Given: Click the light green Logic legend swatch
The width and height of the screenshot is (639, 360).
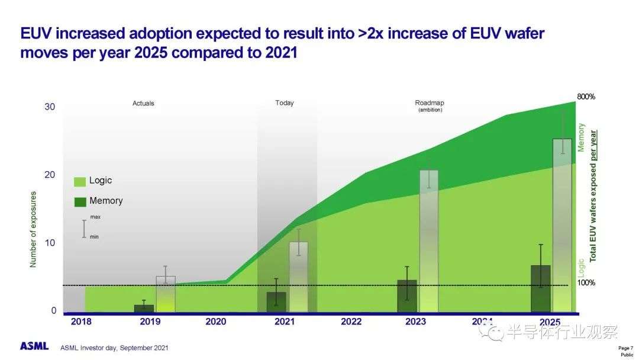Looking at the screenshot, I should point(80,181).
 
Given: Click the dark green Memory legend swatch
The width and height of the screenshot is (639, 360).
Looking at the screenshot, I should point(80,201).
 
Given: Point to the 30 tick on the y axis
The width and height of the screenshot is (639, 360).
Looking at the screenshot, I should point(50,107).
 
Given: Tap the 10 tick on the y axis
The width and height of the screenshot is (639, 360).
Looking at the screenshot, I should point(50,243).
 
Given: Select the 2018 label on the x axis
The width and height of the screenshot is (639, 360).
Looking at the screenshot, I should point(81,322).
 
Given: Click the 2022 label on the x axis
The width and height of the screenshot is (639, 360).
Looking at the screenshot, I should point(351,322).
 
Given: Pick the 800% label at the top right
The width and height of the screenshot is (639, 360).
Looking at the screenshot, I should point(586,97).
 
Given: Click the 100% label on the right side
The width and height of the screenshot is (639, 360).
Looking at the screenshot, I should point(586,283).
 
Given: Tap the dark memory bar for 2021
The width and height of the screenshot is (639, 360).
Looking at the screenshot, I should point(276,302).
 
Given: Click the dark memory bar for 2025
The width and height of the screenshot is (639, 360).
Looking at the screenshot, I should point(541,288).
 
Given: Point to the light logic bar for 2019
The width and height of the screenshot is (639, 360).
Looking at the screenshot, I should point(166,294).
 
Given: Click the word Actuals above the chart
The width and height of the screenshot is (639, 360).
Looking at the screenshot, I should point(143,104).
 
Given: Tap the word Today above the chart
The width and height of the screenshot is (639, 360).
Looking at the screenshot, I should point(285,103).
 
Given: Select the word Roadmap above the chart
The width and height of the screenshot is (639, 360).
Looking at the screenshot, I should point(429,103).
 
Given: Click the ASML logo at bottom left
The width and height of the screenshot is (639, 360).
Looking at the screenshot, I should point(34,346).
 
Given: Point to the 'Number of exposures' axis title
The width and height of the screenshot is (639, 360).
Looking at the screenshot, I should point(33,229).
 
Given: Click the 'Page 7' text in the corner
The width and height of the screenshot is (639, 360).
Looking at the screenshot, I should point(625,348).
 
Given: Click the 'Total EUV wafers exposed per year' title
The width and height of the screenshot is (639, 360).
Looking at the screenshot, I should point(593,195).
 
